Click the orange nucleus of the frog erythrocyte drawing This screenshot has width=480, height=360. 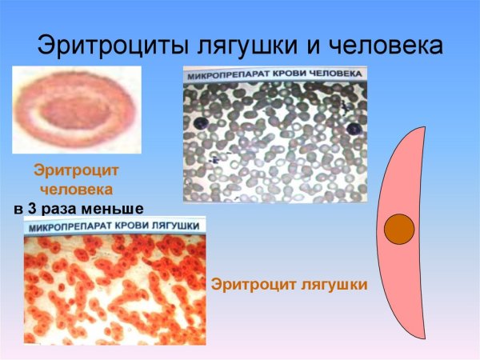(x=399, y=230)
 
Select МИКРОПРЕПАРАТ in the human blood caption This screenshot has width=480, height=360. (x=226, y=77)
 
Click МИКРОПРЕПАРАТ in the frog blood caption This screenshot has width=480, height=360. (x=66, y=228)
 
